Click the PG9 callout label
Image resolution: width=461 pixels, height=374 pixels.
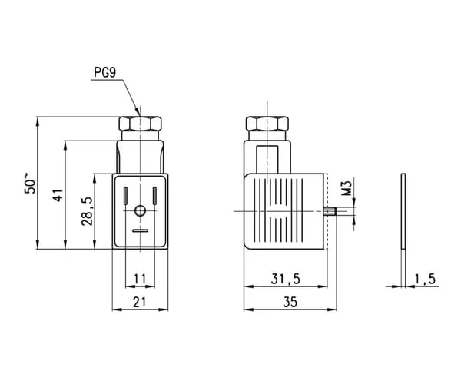pyautogui.click(x=105, y=72)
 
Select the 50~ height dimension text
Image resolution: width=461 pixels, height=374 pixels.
pyautogui.click(x=30, y=183)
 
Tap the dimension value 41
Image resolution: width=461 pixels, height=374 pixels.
pyautogui.click(x=58, y=195)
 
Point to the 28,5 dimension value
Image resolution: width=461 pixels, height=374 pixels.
pyautogui.click(x=88, y=211)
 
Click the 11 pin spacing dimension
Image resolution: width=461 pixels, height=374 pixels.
pyautogui.click(x=140, y=279)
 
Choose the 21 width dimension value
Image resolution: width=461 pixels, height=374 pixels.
pyautogui.click(x=140, y=303)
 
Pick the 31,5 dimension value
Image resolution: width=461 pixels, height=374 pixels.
pyautogui.click(x=286, y=279)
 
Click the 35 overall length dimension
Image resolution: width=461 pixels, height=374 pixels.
pyautogui.click(x=290, y=303)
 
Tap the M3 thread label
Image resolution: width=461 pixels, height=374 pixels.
pyautogui.click(x=347, y=188)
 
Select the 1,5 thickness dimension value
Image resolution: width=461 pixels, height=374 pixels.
pyautogui.click(x=425, y=279)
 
